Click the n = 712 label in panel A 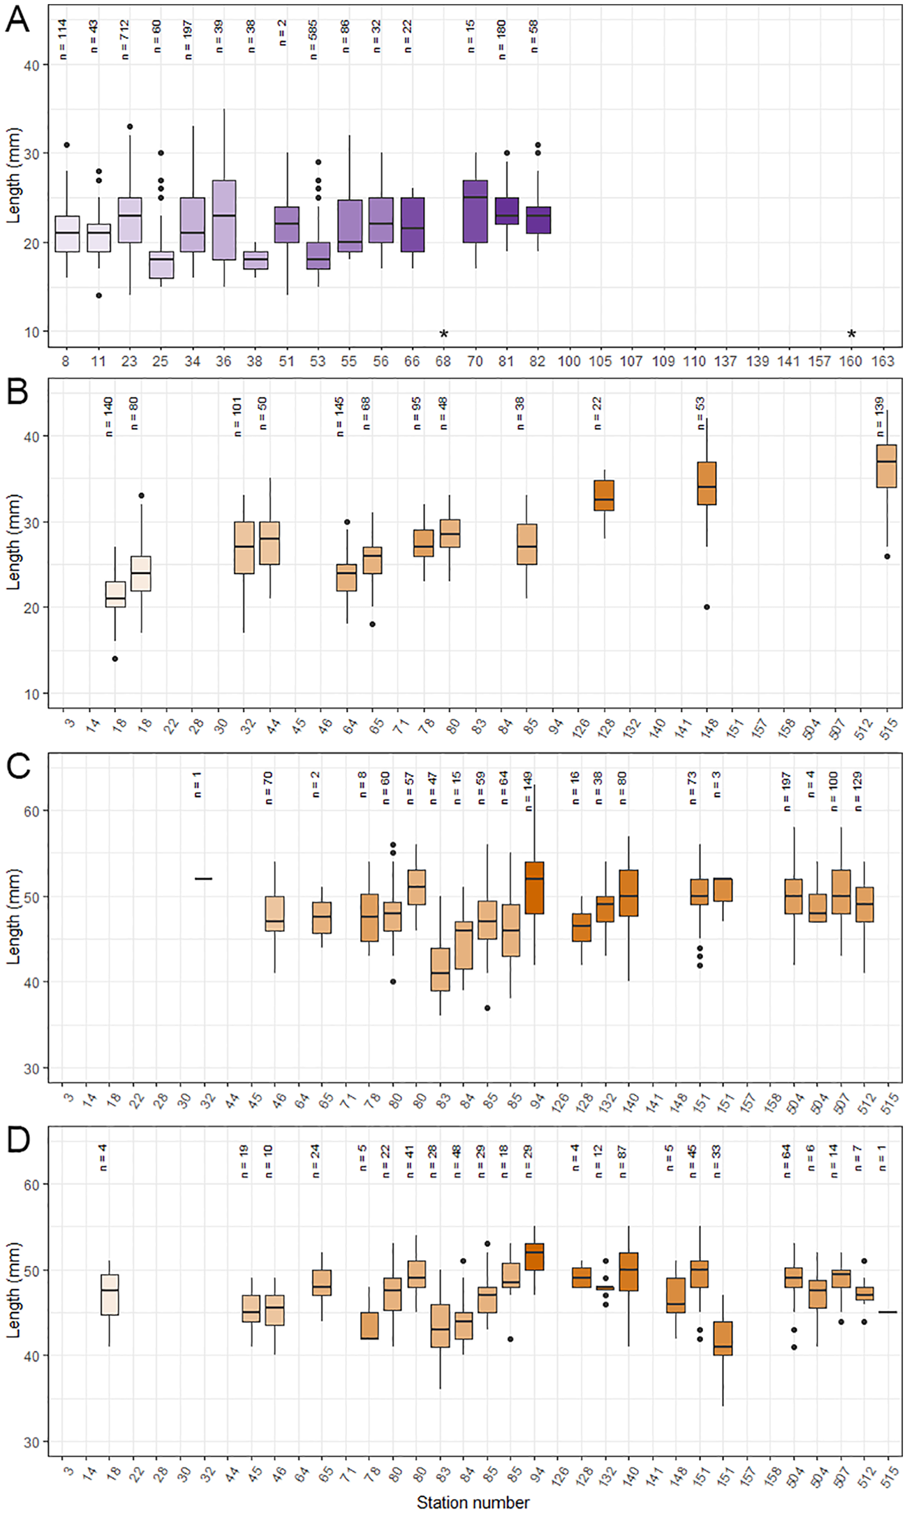point(125,40)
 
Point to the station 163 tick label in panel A point(883,361)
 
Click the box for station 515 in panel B point(887,466)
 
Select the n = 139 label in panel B point(879,417)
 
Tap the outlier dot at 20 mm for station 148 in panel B point(707,607)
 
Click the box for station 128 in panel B point(604,496)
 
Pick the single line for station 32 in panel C point(203,879)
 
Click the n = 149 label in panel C point(528,791)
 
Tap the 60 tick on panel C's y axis point(32,811)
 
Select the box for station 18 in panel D point(110,1295)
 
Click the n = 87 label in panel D point(622,1162)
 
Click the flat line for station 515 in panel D point(887,1312)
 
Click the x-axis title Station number point(473,1502)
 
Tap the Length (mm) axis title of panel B point(14,542)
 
